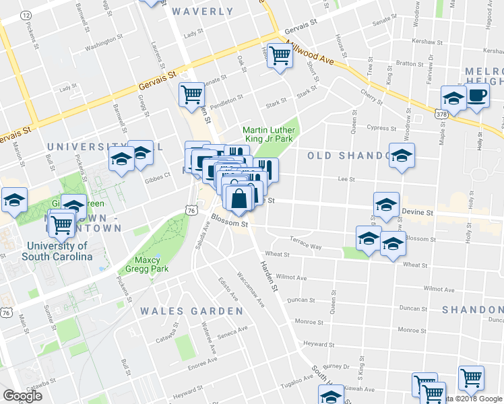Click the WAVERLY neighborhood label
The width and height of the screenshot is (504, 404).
202,11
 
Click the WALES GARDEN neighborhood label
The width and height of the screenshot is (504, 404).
191,311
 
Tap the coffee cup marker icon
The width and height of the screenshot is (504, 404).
477,96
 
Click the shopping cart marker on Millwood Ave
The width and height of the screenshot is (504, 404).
280,56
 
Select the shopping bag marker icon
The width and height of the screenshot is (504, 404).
239,199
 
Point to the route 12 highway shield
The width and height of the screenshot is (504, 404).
26,14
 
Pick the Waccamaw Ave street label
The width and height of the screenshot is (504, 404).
250,289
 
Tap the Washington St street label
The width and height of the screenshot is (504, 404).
101,46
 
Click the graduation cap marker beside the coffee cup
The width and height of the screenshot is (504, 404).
453,98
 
